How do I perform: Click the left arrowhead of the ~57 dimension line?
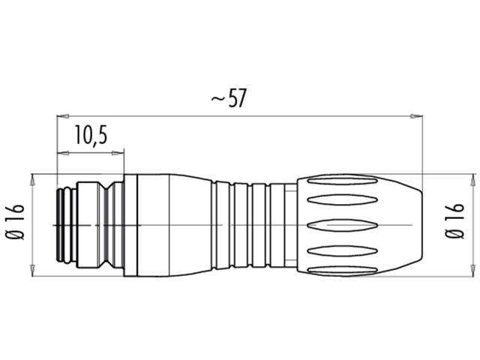[62, 115]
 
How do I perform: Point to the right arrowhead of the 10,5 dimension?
[119, 153]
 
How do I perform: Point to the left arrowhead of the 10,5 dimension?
[62, 153]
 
